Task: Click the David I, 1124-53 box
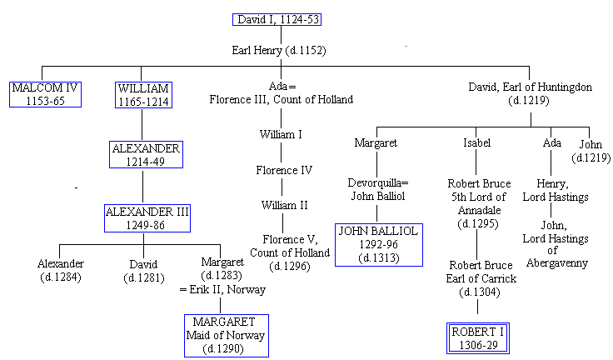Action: tap(278, 20)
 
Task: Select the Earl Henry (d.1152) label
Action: tap(278, 50)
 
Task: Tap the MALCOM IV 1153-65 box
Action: tap(45, 94)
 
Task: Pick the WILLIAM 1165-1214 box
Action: tap(142, 94)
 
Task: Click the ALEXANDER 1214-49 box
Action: tap(145, 154)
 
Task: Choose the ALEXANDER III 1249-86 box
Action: tap(147, 218)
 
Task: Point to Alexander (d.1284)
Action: tap(61, 270)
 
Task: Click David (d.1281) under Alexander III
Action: tap(143, 270)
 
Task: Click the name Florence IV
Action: tap(283, 170)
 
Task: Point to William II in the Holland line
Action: tap(284, 205)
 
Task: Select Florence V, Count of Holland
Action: tap(284, 252)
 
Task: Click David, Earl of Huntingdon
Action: tap(531, 93)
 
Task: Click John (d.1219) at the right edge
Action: tap(591, 150)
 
